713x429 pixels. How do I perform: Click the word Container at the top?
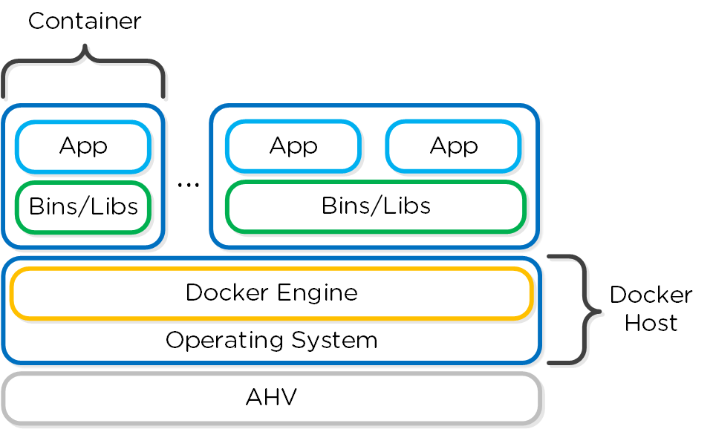click(x=85, y=21)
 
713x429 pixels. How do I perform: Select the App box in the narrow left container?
click(x=83, y=146)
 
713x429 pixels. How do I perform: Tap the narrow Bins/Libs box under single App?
click(x=83, y=206)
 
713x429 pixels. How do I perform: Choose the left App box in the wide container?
click(x=293, y=146)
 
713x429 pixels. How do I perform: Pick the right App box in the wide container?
click(x=453, y=146)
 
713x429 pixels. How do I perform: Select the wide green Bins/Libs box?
click(x=376, y=206)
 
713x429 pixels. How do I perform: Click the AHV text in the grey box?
click(x=271, y=398)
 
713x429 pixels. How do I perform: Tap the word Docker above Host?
click(x=651, y=295)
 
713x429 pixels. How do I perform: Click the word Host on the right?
click(x=651, y=323)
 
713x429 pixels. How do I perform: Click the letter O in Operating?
click(x=175, y=340)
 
